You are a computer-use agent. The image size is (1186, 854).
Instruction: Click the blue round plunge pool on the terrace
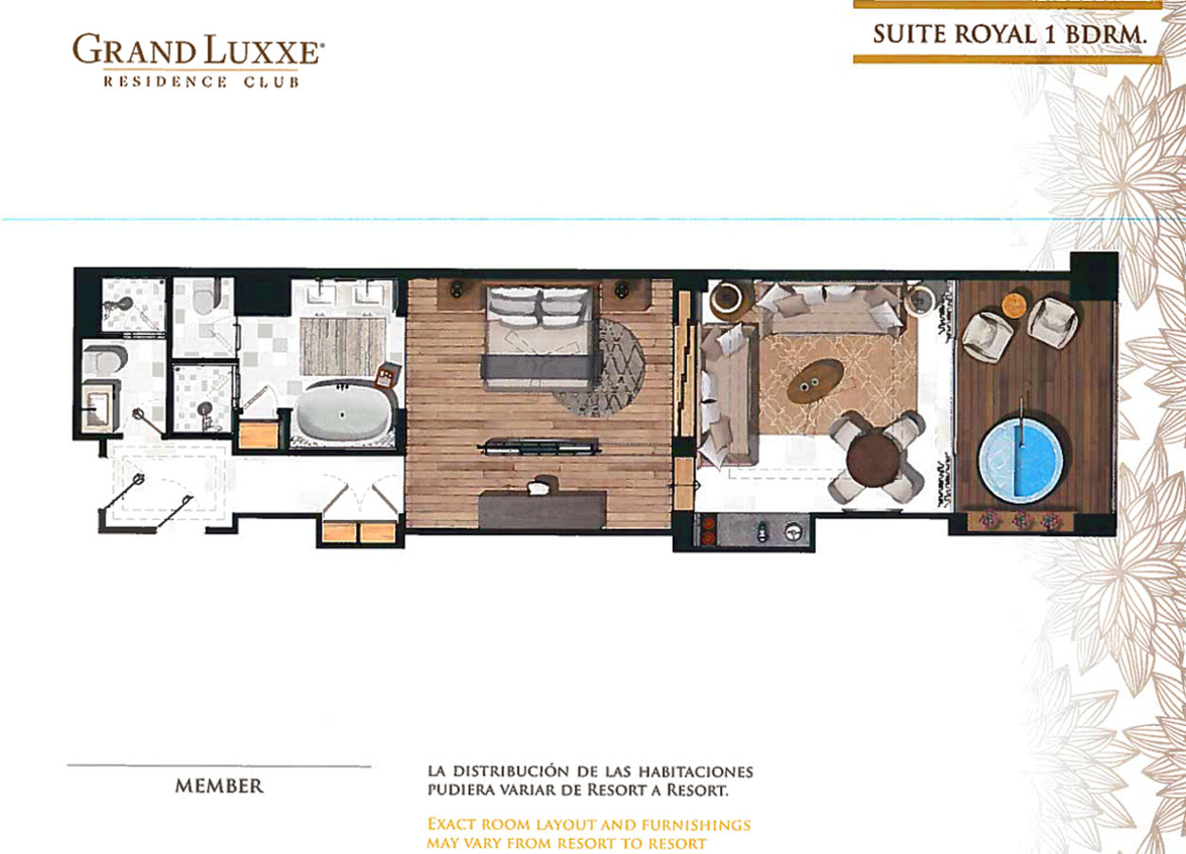coord(1020,460)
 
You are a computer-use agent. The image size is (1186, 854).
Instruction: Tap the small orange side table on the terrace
coord(1014,306)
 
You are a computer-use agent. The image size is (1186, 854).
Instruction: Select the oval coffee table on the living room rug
coord(815,381)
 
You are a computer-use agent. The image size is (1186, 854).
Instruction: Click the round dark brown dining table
coord(872,459)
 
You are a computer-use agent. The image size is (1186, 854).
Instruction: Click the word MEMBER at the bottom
coord(219,786)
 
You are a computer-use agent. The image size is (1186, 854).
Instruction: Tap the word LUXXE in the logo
coord(262,50)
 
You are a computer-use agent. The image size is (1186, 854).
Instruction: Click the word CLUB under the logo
coord(271,83)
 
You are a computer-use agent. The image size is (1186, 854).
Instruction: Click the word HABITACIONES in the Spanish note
coord(695,771)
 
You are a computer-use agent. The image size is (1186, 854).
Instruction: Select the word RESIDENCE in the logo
coord(166,82)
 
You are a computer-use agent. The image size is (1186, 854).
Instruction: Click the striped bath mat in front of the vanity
coord(343,346)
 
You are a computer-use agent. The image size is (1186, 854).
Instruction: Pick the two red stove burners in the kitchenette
coord(708,530)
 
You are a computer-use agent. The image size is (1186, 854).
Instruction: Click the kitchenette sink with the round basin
coord(792,530)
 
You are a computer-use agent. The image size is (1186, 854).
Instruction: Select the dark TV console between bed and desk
coord(540,447)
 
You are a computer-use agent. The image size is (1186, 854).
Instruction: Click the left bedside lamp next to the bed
coord(456,289)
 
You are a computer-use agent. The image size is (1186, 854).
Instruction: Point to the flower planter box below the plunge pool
coord(1020,520)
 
